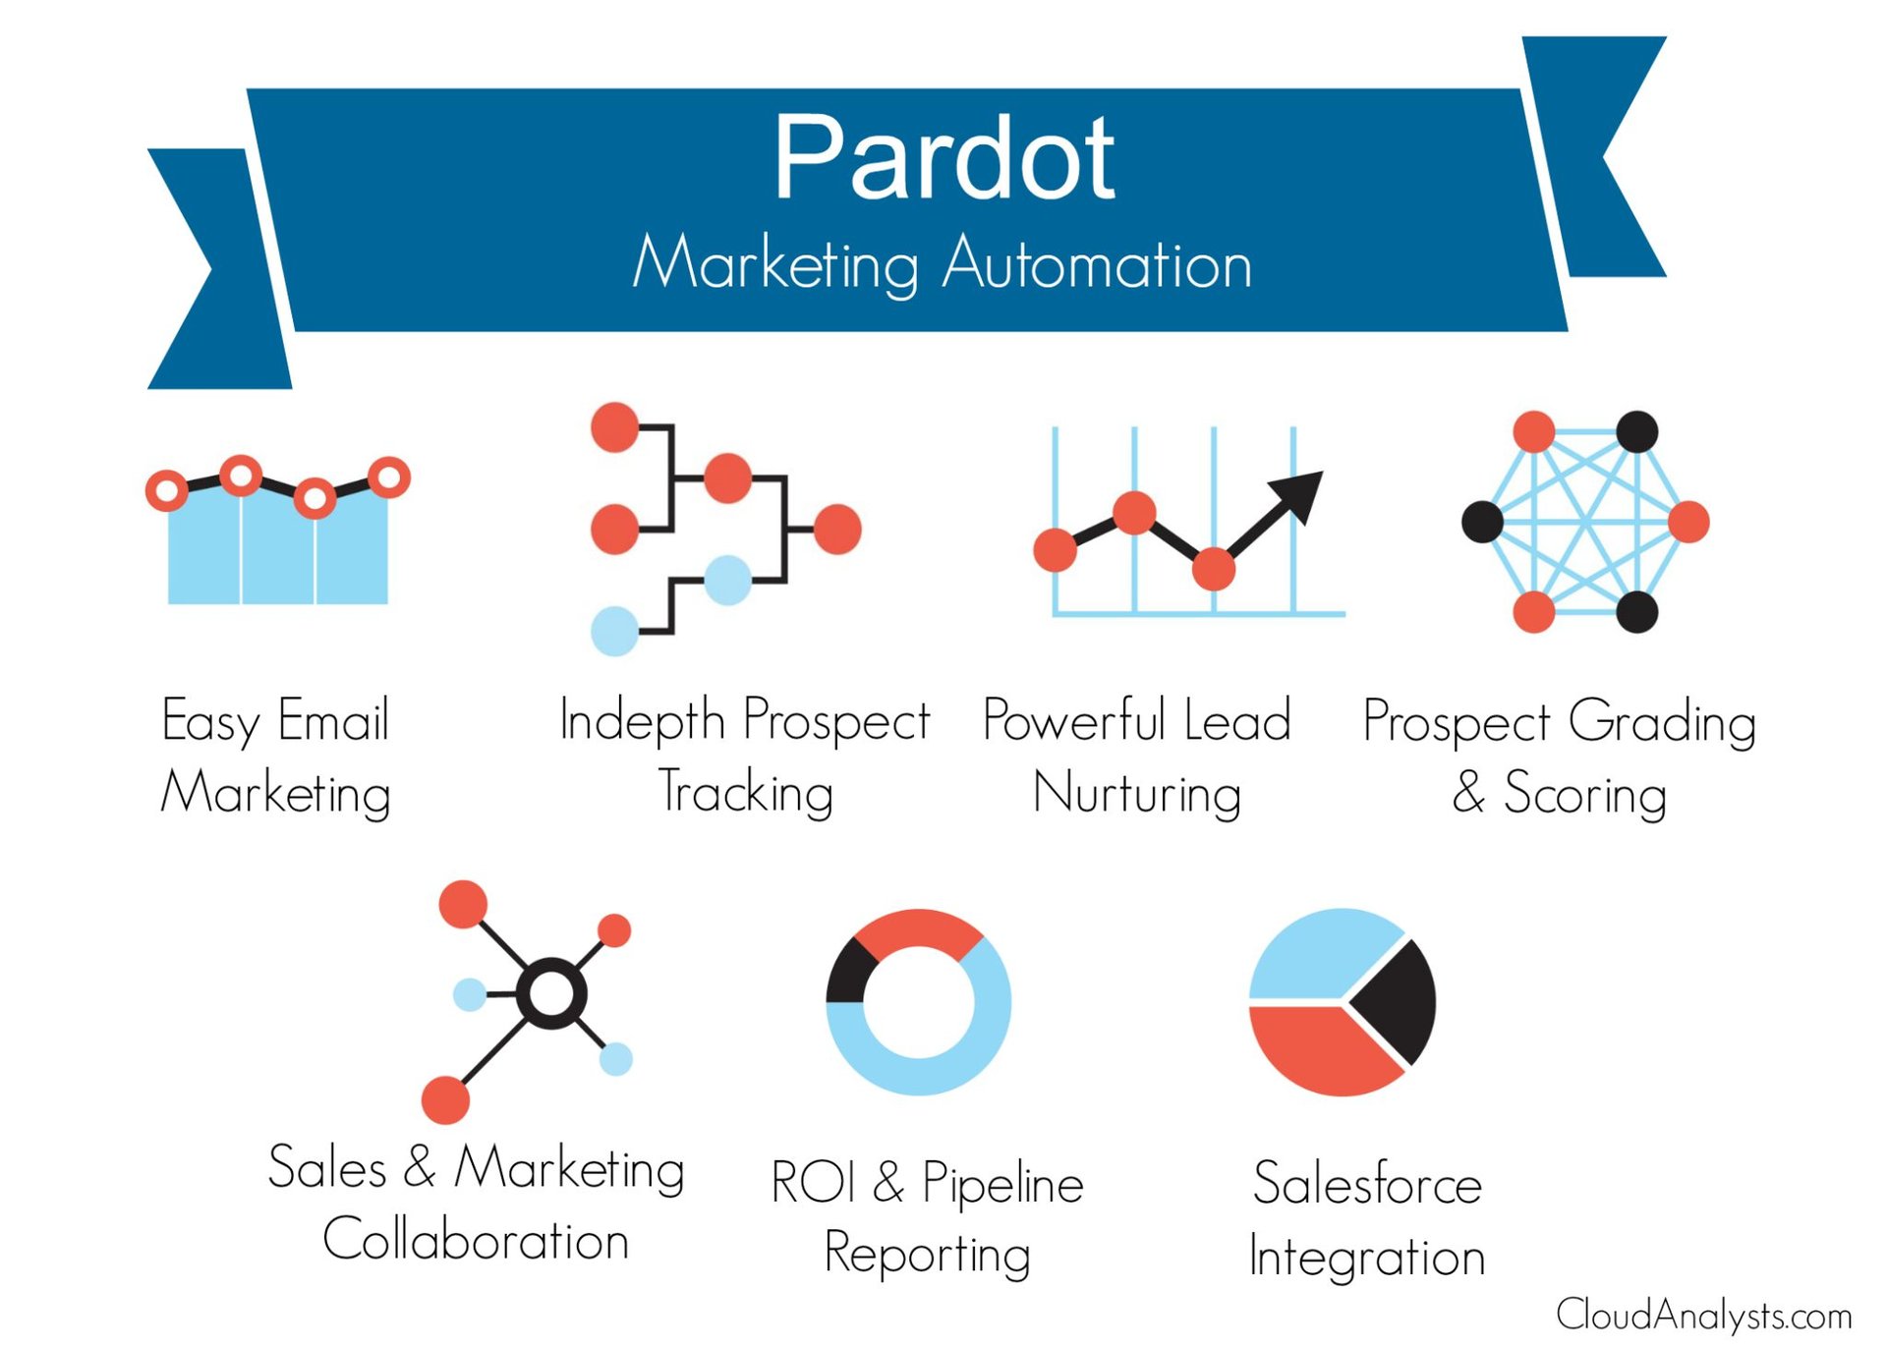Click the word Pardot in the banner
click(943, 157)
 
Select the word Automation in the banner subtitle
click(1098, 263)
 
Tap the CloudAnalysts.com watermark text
click(1703, 1315)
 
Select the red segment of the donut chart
click(918, 928)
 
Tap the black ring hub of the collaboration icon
click(551, 993)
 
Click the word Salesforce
click(1367, 1183)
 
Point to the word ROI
click(813, 1182)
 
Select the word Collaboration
click(476, 1240)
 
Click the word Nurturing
click(1137, 794)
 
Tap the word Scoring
click(1585, 794)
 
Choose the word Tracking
click(746, 792)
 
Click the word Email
click(334, 720)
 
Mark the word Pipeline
click(1002, 1183)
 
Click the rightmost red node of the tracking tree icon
click(837, 529)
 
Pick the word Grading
click(1662, 722)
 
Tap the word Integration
click(1367, 1258)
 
